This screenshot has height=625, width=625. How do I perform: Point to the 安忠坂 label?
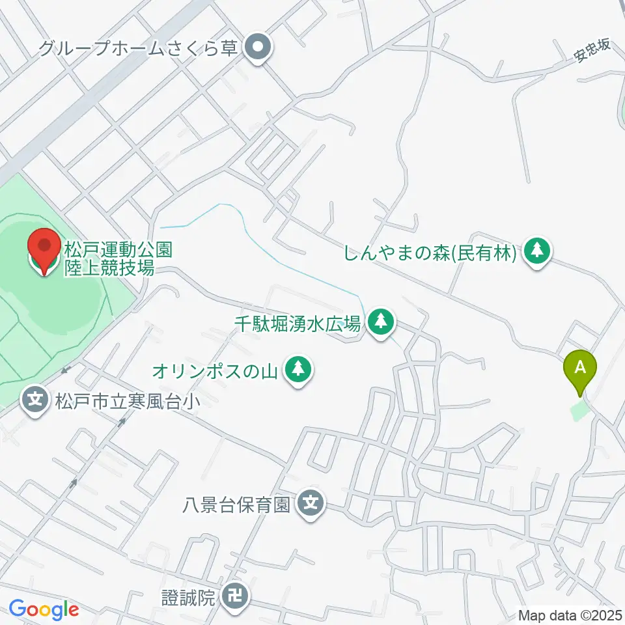point(592,50)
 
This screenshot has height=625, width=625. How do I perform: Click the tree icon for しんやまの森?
point(537,251)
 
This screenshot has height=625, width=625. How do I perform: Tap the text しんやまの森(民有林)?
point(432,251)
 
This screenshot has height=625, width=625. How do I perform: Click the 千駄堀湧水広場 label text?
point(298,322)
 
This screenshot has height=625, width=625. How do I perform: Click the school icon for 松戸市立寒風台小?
point(35,397)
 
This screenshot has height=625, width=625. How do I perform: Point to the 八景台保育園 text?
point(236,504)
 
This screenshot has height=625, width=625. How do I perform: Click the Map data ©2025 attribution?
point(570,615)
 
